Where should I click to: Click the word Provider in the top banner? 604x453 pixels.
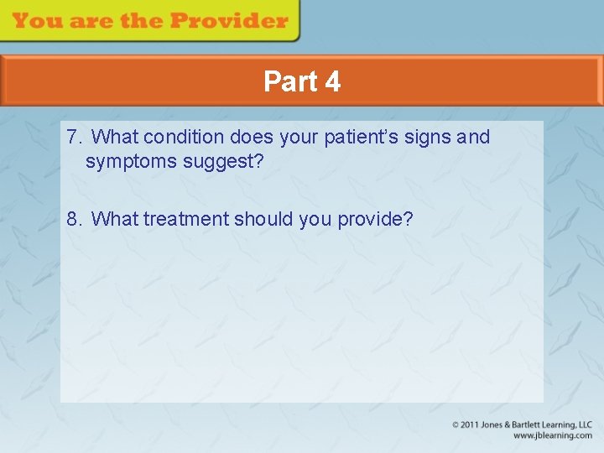click(x=232, y=20)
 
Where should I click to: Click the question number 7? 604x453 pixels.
click(x=74, y=137)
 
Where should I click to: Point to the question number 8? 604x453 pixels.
click(x=74, y=219)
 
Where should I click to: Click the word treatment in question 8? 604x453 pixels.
click(x=185, y=219)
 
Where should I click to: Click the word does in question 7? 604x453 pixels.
click(x=251, y=137)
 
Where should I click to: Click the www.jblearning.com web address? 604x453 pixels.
click(x=552, y=436)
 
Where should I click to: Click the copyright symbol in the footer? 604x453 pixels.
click(x=456, y=425)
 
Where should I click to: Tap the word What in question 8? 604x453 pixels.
click(x=115, y=219)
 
